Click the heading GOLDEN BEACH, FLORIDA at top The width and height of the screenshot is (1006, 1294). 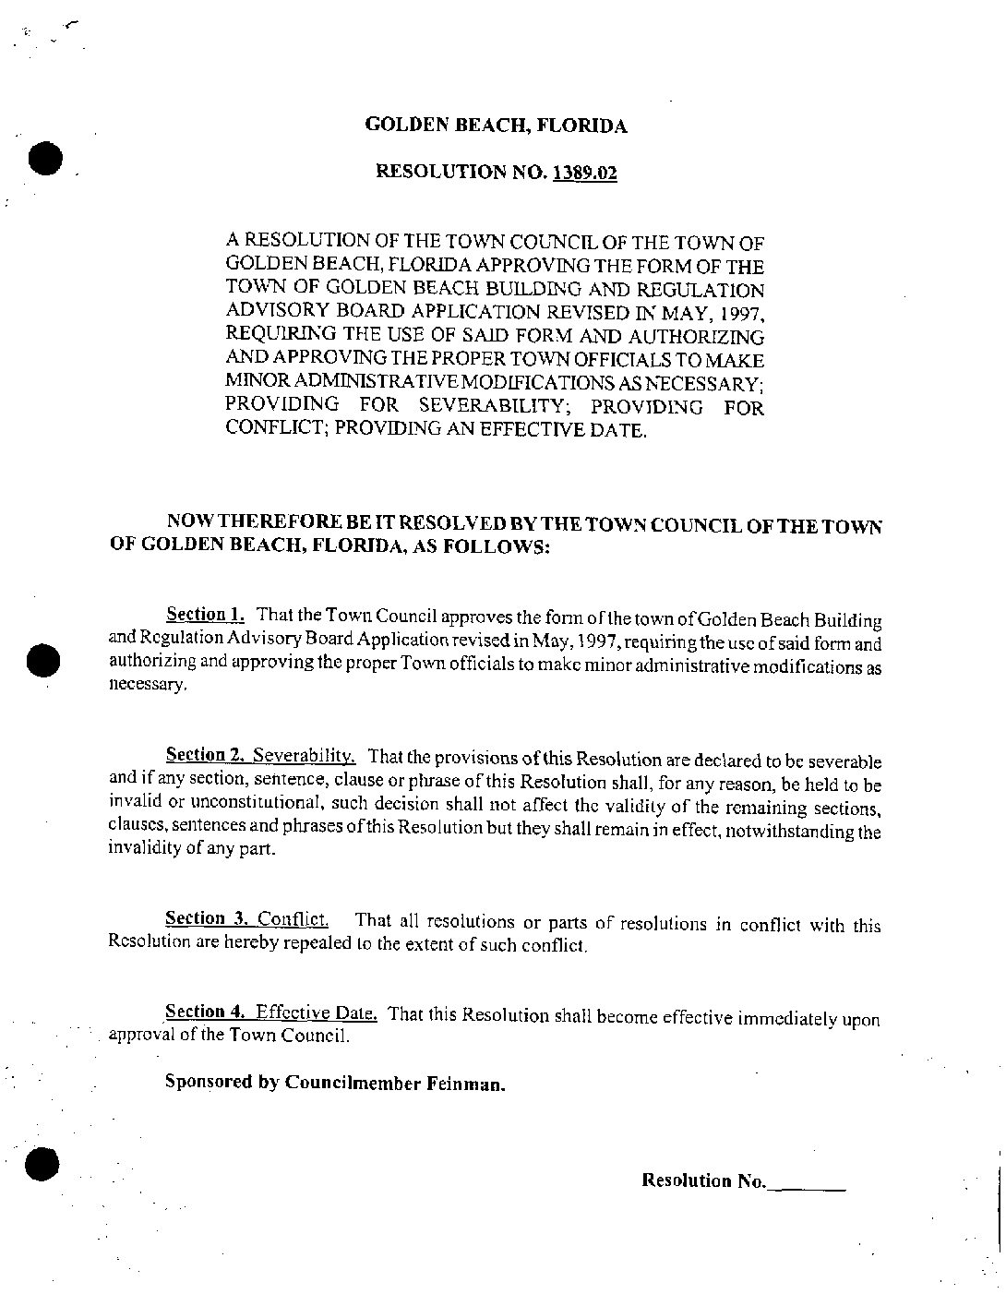coord(497,126)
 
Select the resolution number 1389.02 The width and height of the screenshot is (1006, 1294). coord(585,173)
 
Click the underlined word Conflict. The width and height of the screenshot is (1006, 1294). coord(293,919)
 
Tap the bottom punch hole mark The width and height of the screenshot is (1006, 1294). coord(42,1163)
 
